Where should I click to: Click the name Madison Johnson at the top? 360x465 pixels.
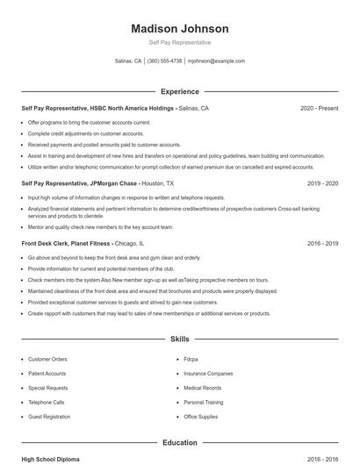coord(179,29)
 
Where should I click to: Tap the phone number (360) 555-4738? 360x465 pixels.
coord(164,61)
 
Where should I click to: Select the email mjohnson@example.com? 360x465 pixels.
coord(216,61)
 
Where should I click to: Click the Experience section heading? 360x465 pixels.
coord(179,91)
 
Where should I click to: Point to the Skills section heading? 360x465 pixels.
coord(179,338)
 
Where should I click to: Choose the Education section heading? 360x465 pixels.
coord(179,443)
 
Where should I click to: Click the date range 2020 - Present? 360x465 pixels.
coord(319,109)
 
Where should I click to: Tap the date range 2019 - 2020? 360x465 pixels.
coord(322,184)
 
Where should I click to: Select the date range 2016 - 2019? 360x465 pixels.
coord(322,243)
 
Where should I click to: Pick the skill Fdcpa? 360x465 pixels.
coord(191,359)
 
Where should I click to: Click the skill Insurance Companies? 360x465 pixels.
coord(208,374)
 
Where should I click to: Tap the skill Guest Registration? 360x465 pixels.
coord(49,417)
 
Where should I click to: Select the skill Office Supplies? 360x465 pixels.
coord(201,417)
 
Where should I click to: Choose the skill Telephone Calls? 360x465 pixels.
coord(47,403)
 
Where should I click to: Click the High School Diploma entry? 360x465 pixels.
coord(51,459)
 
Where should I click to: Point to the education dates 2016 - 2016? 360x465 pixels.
coord(322,459)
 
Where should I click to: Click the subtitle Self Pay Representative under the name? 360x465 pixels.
coord(179,42)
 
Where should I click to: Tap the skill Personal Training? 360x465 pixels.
coord(203,403)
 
